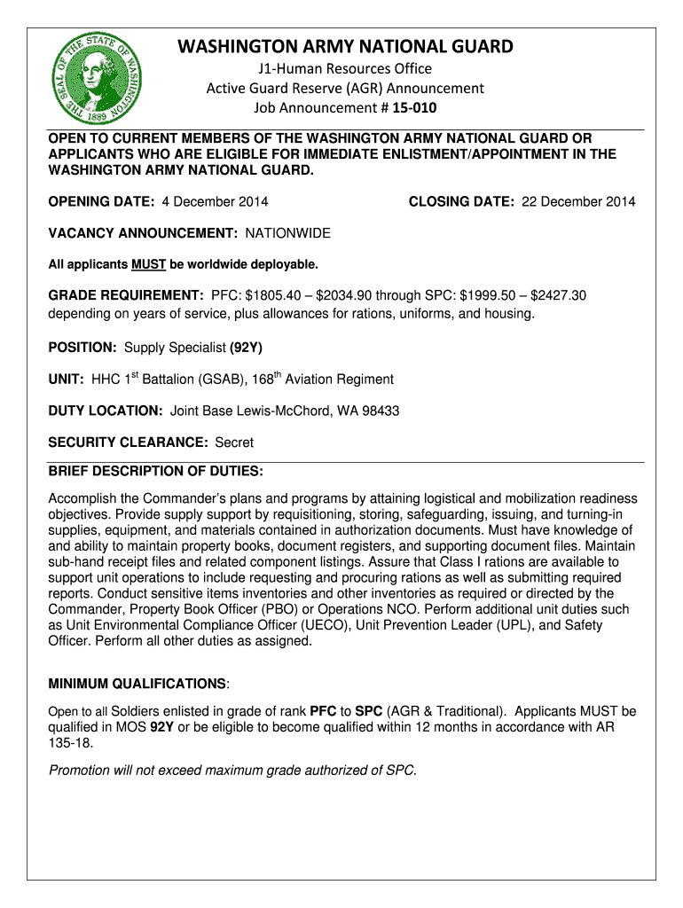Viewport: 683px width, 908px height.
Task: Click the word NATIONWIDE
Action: point(287,233)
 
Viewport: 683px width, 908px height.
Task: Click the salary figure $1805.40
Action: point(269,295)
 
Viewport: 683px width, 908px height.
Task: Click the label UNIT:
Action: point(67,380)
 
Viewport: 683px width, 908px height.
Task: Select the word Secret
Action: point(234,442)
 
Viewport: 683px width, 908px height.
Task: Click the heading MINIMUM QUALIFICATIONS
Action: point(137,684)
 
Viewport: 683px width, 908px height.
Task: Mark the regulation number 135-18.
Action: point(70,744)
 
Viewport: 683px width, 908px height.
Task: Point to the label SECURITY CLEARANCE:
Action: point(128,442)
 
